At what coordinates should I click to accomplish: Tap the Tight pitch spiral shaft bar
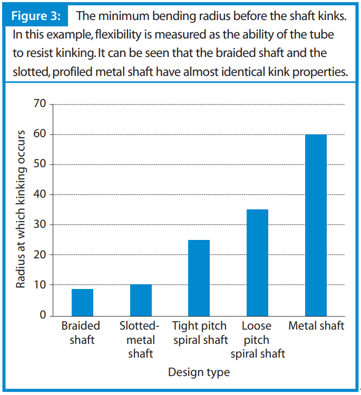point(199,277)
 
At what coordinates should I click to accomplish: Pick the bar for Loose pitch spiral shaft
point(257,262)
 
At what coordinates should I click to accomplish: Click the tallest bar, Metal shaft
point(316,225)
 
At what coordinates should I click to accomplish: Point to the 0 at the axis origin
point(43,315)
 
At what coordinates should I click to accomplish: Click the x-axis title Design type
point(199,372)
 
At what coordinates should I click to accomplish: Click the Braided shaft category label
point(81,333)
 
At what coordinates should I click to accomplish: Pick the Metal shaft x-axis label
point(316,326)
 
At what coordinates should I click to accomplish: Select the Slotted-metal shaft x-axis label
point(140,340)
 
